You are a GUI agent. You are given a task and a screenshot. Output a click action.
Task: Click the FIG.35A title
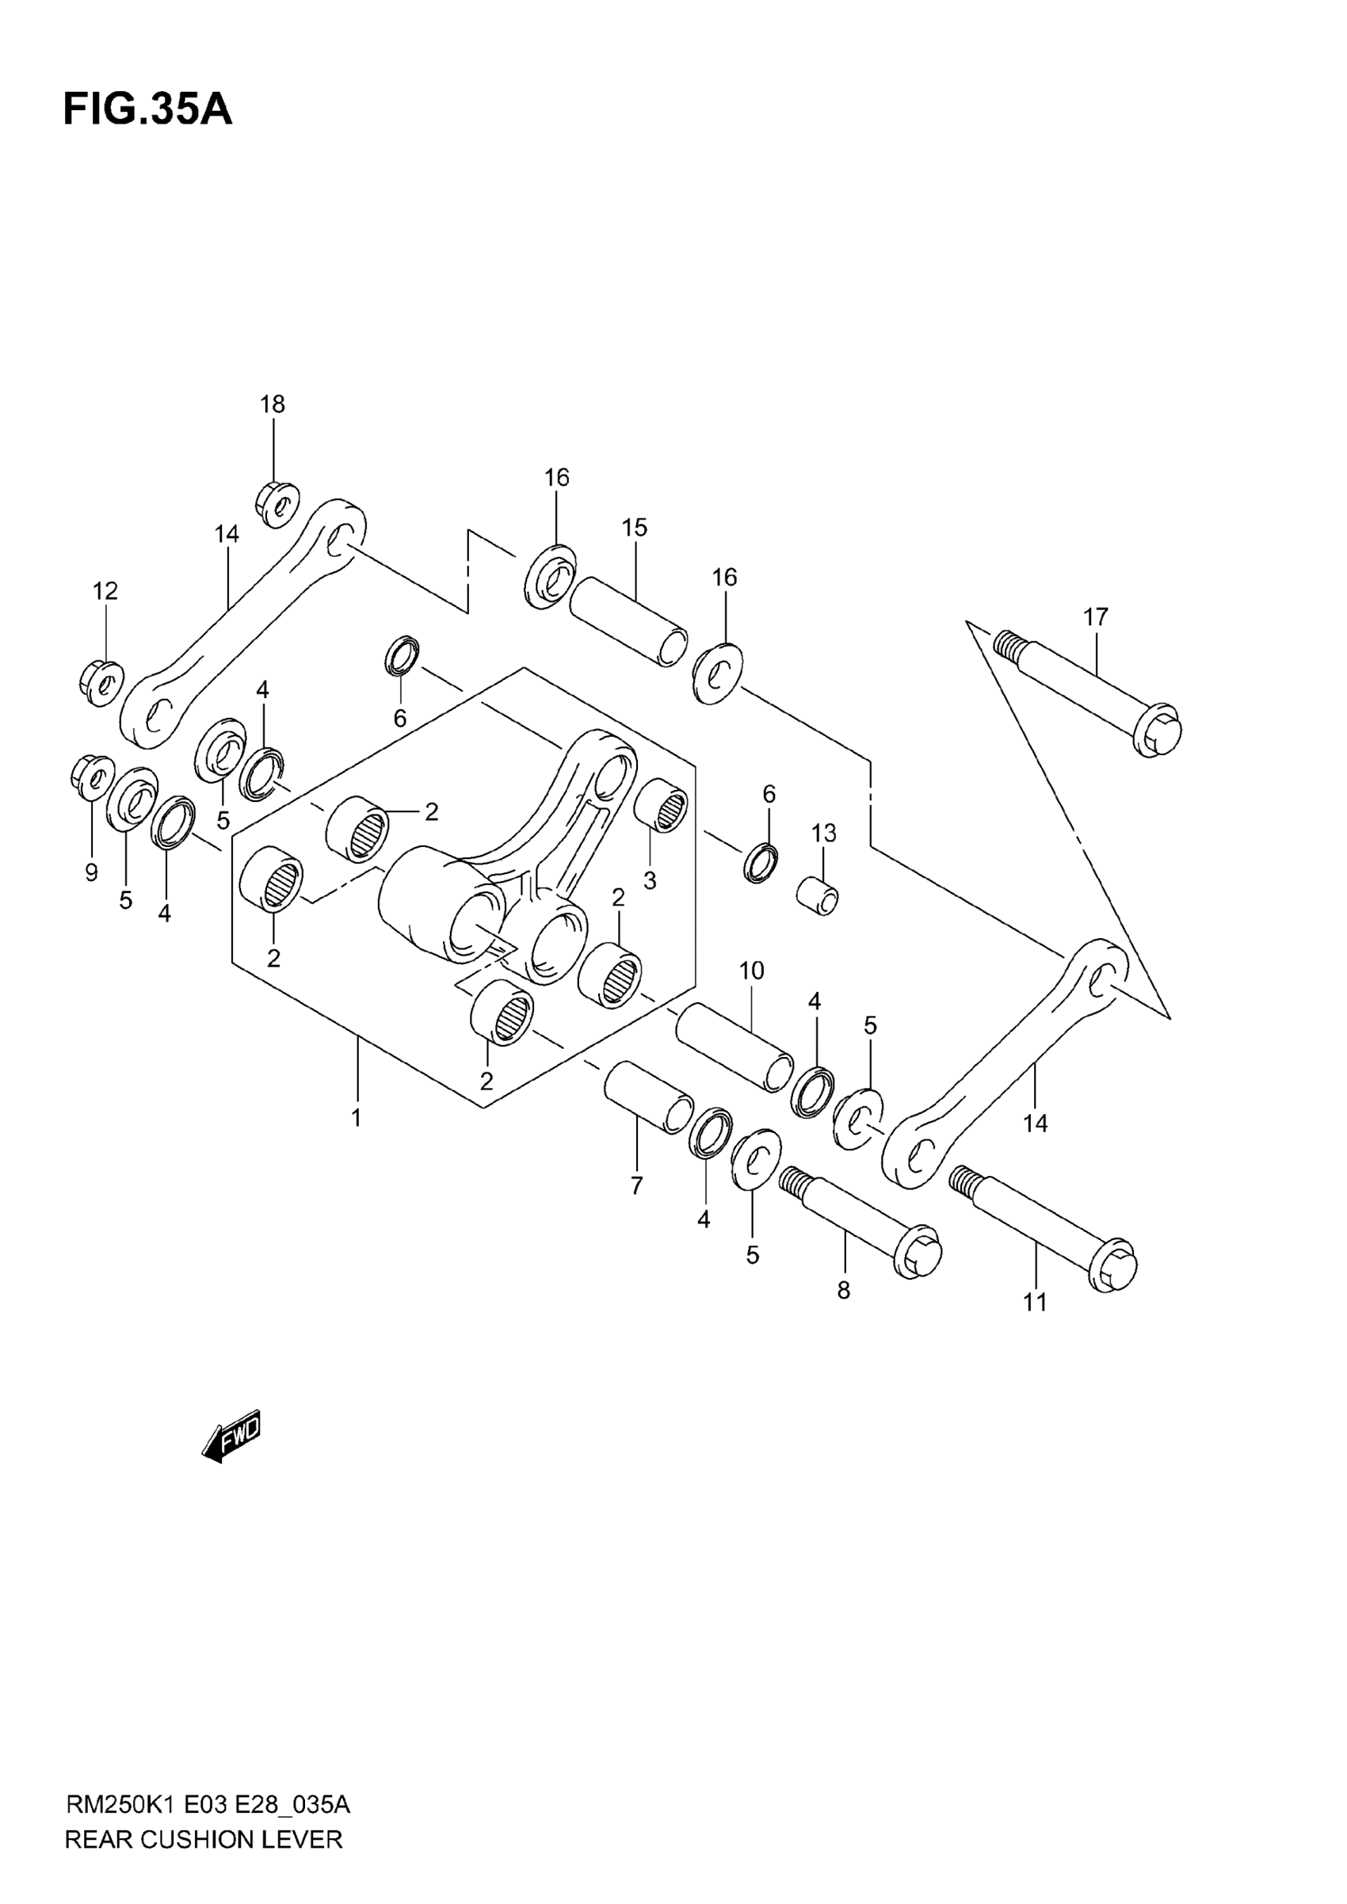[147, 109]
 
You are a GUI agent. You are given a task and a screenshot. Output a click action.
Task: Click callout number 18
[272, 404]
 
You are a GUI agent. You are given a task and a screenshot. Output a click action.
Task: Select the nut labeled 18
[277, 502]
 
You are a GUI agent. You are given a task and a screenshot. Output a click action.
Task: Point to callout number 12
[105, 590]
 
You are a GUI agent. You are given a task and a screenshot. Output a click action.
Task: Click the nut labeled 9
[93, 777]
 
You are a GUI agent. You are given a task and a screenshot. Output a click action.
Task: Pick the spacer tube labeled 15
[628, 621]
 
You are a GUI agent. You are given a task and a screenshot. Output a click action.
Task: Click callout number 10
[751, 971]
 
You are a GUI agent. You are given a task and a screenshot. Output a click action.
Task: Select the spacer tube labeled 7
[648, 1097]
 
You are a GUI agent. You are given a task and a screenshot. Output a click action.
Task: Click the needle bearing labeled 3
[661, 803]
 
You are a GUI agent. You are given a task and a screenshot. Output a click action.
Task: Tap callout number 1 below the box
[357, 1118]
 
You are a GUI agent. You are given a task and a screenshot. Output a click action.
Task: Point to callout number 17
[1096, 617]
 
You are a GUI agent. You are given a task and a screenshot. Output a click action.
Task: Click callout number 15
[635, 528]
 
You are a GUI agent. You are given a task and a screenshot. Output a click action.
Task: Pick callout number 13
[823, 833]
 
